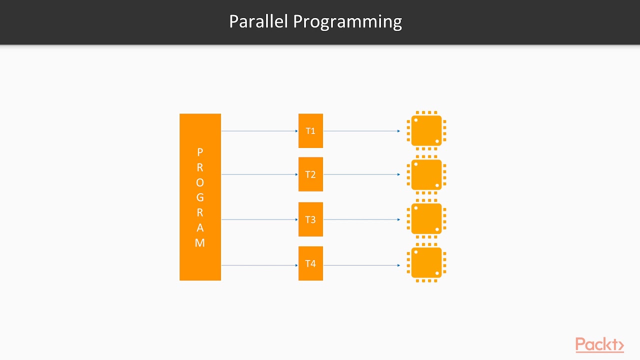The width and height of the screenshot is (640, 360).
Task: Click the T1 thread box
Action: [310, 131]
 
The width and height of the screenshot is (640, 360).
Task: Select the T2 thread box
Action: [310, 174]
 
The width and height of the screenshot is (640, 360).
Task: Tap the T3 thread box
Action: [310, 219]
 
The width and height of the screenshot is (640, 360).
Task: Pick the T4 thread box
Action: [310, 263]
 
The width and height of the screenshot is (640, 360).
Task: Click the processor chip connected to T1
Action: [426, 131]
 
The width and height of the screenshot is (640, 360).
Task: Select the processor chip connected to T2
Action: [426, 174]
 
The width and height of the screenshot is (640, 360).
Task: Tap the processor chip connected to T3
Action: [426, 219]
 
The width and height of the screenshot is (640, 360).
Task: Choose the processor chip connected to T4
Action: [426, 263]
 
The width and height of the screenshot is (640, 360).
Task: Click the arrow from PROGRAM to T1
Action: [259, 131]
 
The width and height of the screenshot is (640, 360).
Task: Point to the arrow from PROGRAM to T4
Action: [259, 265]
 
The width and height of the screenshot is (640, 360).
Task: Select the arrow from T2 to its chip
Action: [361, 174]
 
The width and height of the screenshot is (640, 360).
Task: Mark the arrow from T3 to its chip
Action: [361, 219]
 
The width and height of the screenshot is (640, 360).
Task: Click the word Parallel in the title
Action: [258, 21]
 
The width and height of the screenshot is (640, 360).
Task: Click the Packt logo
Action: [599, 345]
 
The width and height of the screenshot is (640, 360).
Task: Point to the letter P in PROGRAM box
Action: [200, 152]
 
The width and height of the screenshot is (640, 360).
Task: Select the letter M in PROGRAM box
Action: [200, 243]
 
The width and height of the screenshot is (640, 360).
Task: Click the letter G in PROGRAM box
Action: [200, 197]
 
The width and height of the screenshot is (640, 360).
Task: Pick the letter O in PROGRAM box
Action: [200, 182]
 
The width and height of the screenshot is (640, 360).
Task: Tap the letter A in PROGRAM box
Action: [200, 228]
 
